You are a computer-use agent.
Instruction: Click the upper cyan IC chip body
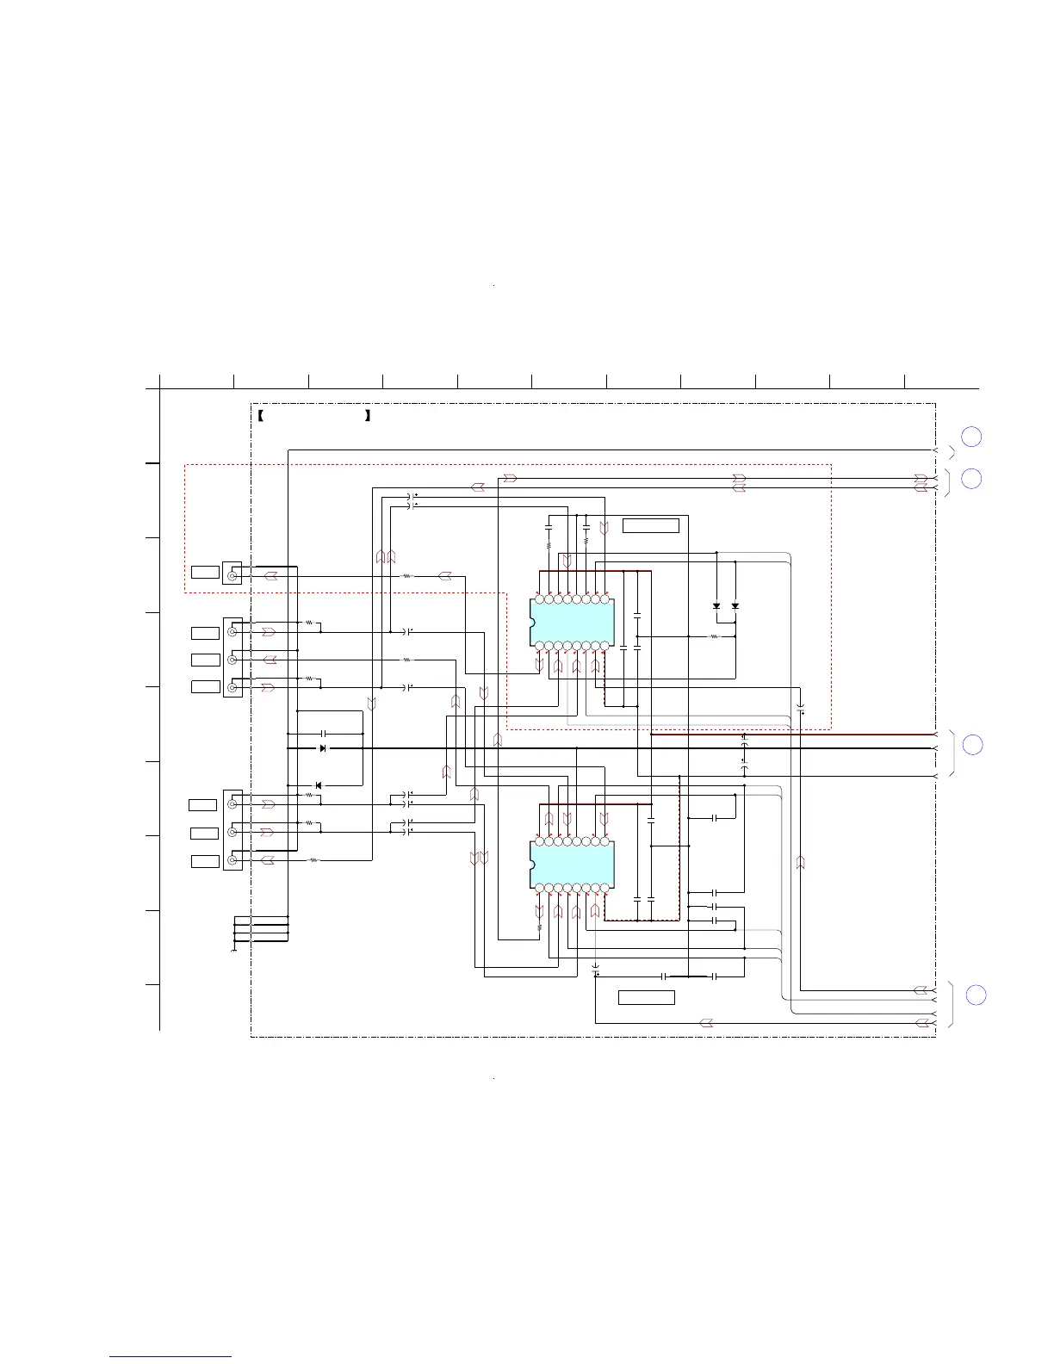pyautogui.click(x=572, y=622)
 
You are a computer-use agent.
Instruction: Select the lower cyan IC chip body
pyautogui.click(x=572, y=864)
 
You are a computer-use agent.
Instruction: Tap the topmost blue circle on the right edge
pyautogui.click(x=970, y=437)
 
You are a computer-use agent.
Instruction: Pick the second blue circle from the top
pyautogui.click(x=971, y=479)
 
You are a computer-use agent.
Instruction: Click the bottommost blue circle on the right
pyautogui.click(x=975, y=995)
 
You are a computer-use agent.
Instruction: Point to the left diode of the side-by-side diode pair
pyautogui.click(x=716, y=606)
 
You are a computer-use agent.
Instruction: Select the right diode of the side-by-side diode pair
pyautogui.click(x=735, y=606)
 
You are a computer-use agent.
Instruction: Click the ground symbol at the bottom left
pyautogui.click(x=234, y=951)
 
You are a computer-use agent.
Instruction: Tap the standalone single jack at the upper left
pyautogui.click(x=232, y=574)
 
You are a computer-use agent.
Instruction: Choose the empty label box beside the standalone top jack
pyautogui.click(x=205, y=573)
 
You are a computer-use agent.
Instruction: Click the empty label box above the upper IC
pyautogui.click(x=650, y=526)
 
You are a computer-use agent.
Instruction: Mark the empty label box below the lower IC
pyautogui.click(x=646, y=998)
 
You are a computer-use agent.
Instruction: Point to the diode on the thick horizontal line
pyautogui.click(x=323, y=749)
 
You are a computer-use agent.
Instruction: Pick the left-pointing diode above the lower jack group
pyautogui.click(x=318, y=785)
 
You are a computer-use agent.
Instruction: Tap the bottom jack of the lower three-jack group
pyautogui.click(x=232, y=860)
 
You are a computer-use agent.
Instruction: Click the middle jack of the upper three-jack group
pyautogui.click(x=232, y=660)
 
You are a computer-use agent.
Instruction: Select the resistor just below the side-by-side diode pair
pyautogui.click(x=713, y=637)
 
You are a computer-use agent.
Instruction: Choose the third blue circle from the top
pyautogui.click(x=972, y=745)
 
